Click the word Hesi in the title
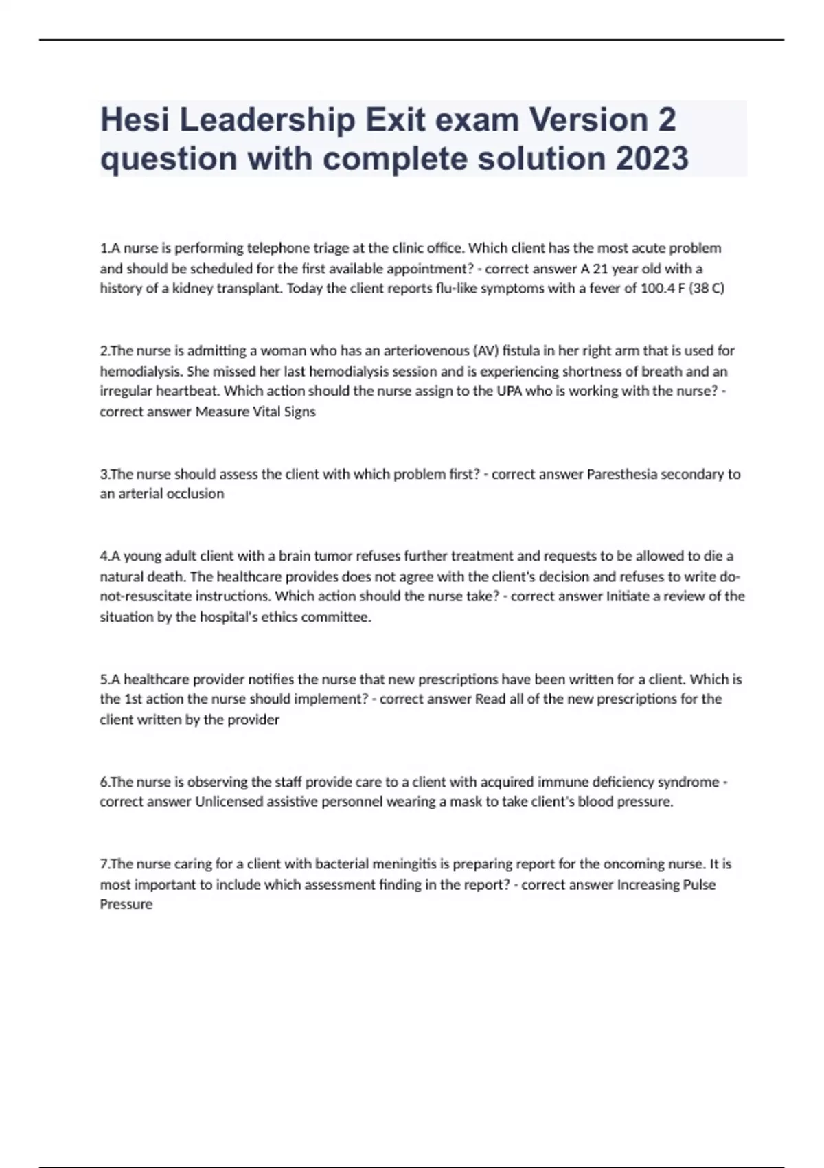pos(135,120)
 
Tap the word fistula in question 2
pos(521,351)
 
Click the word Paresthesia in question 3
pos(621,474)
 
